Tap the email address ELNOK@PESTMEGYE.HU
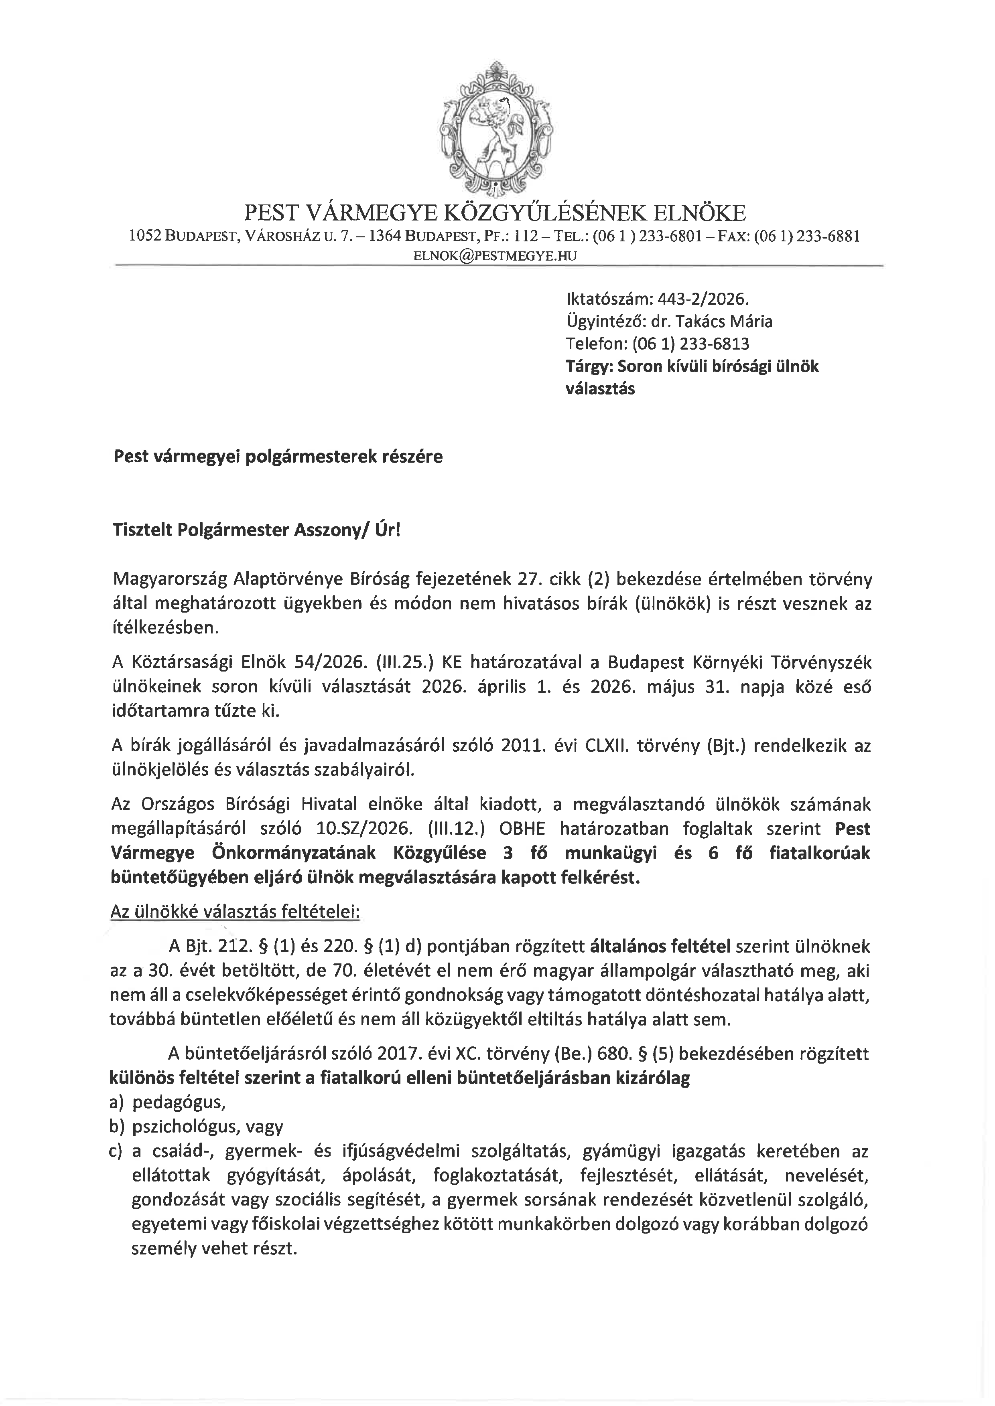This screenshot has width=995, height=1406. pyautogui.click(x=495, y=256)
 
